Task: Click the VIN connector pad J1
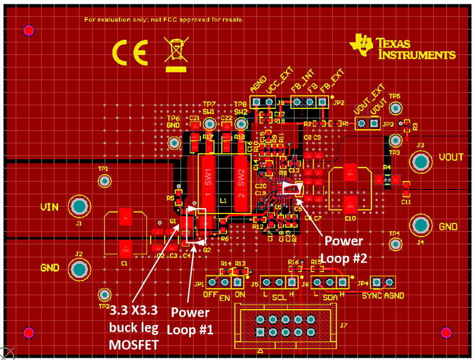(x=79, y=207)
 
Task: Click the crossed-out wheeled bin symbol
(x=176, y=53)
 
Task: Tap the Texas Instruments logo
(x=402, y=47)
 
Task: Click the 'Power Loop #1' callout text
(x=190, y=320)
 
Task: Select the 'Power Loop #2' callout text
(x=344, y=249)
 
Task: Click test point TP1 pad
(x=104, y=180)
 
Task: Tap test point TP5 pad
(x=395, y=109)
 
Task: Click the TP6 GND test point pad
(x=174, y=142)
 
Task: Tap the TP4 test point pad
(x=395, y=244)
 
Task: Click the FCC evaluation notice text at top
(x=164, y=20)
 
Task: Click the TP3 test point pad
(x=395, y=140)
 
